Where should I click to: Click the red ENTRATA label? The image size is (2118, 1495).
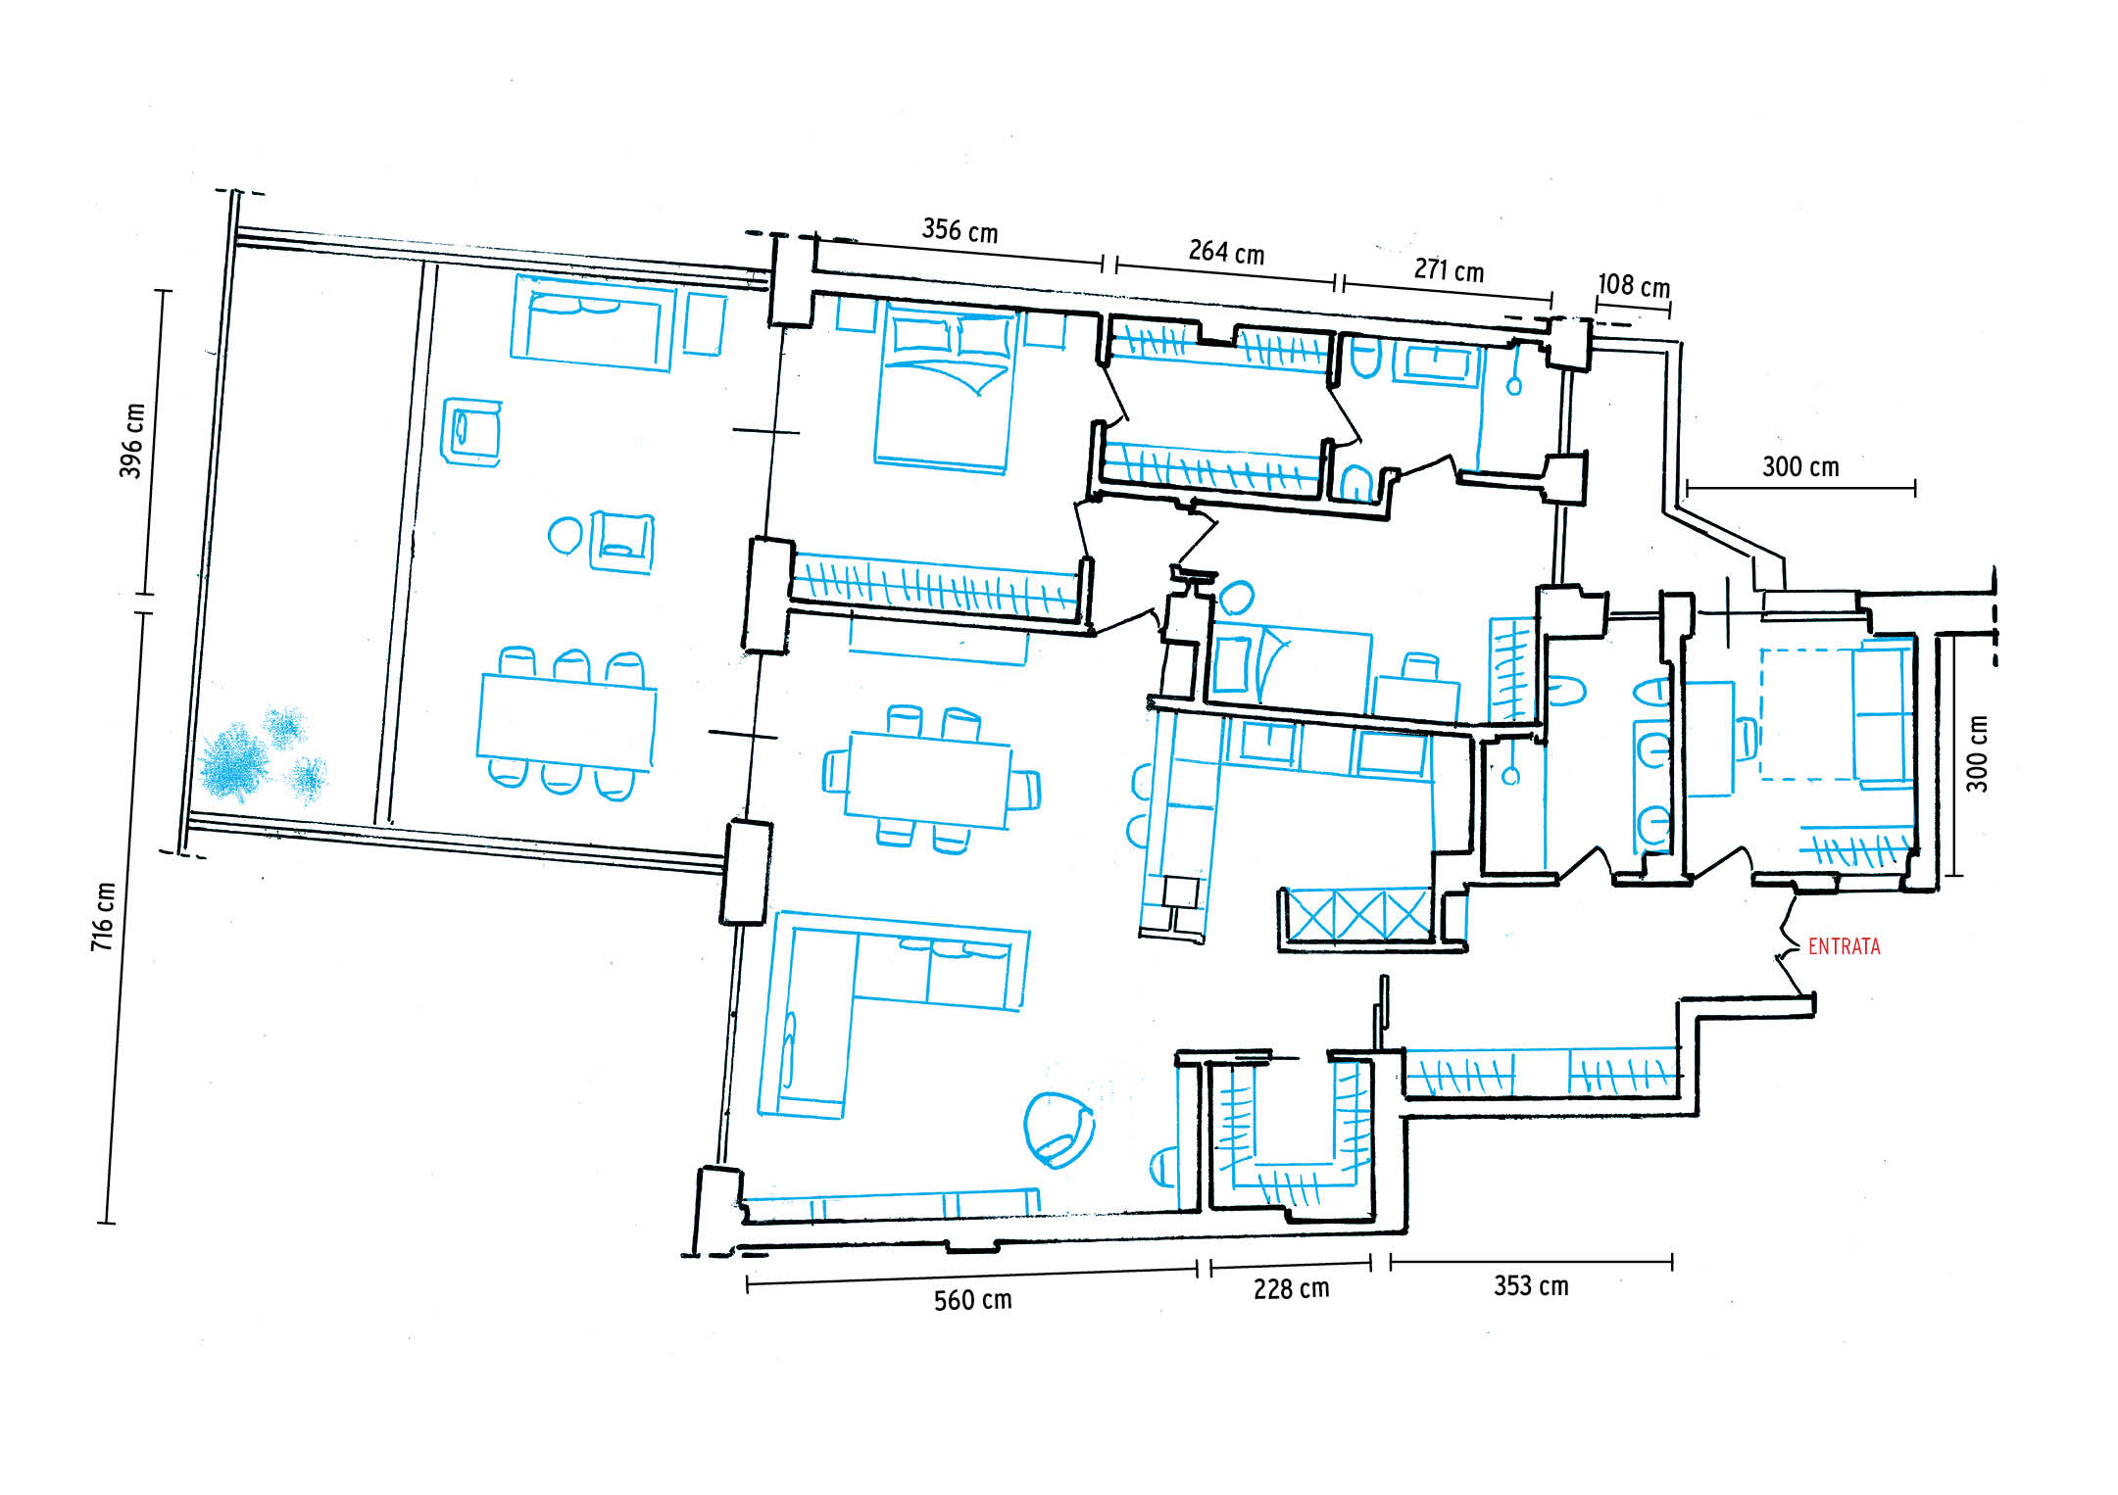[x=1844, y=946]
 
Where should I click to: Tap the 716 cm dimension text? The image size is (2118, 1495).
[x=103, y=916]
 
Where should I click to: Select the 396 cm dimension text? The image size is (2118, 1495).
[x=131, y=441]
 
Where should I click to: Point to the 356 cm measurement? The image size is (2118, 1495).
[x=960, y=231]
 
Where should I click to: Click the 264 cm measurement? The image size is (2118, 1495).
[x=1226, y=253]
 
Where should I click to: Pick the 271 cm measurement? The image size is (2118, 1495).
[x=1449, y=269]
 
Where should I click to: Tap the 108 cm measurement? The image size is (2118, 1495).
[x=1634, y=285]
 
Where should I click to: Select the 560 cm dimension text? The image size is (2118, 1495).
[x=972, y=1300]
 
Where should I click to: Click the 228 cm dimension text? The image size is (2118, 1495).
[x=1291, y=1288]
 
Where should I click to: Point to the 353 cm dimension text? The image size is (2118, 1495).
[x=1531, y=1285]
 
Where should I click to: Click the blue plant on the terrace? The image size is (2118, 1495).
[x=261, y=754]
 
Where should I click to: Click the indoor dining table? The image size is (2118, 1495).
[x=927, y=780]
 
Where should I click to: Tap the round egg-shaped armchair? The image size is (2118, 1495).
[x=1059, y=1130]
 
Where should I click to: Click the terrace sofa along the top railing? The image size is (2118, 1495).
[x=593, y=322]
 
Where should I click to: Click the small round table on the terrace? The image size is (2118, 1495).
[x=565, y=536]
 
